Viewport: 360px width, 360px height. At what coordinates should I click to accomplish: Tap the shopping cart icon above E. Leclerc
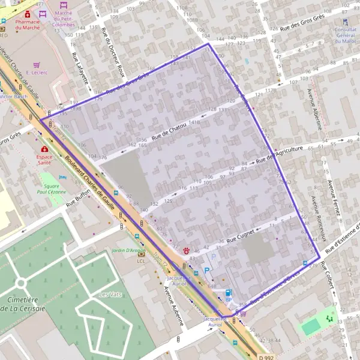pos(37,65)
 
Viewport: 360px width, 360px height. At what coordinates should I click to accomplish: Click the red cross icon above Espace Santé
pos(44,148)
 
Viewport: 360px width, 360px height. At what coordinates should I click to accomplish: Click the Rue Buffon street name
pos(78,198)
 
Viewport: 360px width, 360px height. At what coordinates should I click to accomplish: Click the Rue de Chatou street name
pos(170,131)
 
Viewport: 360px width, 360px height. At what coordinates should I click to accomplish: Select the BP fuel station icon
pos(228,292)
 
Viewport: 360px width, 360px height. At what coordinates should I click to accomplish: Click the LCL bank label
pos(141,261)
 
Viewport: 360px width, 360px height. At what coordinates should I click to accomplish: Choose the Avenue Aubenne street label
pos(174,306)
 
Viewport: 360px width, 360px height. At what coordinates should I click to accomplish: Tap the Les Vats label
pos(108,294)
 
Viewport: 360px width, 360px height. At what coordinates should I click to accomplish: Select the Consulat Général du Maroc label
pos(346,35)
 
